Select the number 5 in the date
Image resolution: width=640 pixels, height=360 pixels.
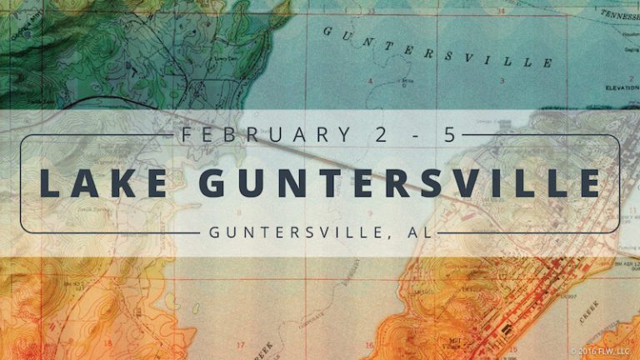pos(451,133)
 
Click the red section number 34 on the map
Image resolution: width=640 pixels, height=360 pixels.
pos(500,11)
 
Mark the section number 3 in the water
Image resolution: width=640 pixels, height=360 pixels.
pos(502,80)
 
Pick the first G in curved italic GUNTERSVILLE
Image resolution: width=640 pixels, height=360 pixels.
pos(327,31)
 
